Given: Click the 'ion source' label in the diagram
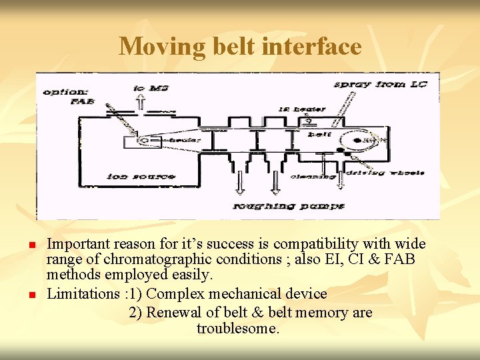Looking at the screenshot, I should [x=141, y=177].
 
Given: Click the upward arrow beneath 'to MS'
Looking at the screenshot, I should [x=141, y=102].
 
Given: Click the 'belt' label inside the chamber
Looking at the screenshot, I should [x=315, y=134].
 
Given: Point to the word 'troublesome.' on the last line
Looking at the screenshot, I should [x=238, y=329].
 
